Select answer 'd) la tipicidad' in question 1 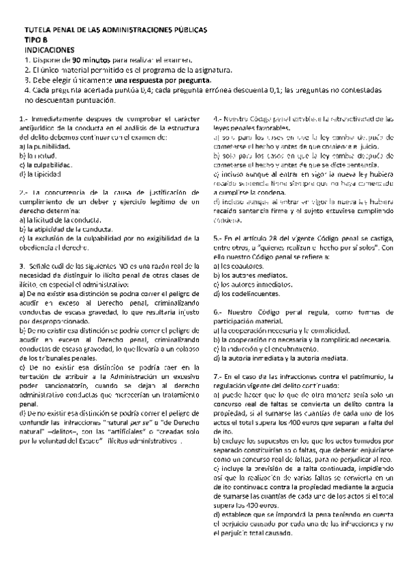tap(42, 174)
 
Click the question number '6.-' tap(217, 311)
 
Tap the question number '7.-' tap(217, 376)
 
